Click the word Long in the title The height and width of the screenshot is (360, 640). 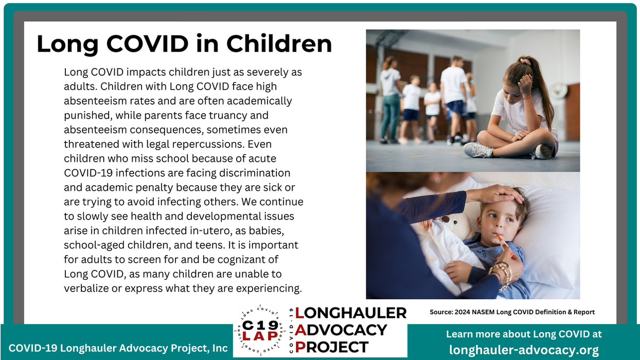(x=67, y=44)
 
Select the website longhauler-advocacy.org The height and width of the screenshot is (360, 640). (x=524, y=350)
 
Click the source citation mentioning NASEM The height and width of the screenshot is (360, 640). (x=512, y=312)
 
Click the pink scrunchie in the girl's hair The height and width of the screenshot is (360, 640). (x=525, y=61)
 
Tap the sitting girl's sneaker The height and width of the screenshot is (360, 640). (x=478, y=150)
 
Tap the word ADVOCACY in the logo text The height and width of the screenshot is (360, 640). (x=341, y=330)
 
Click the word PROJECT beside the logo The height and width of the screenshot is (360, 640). (x=332, y=347)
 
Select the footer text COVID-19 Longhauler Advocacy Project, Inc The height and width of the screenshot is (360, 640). (x=118, y=348)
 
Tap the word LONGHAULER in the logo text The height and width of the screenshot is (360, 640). (x=350, y=313)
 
